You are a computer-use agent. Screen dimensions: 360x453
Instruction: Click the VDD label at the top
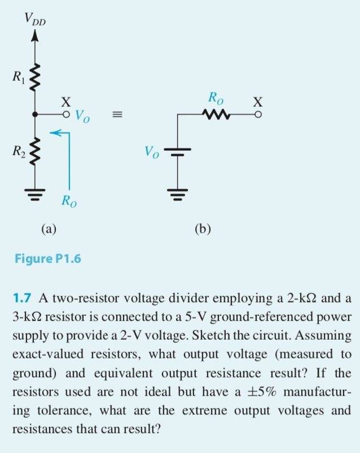tap(35, 19)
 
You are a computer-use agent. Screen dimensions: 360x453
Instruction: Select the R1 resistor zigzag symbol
tap(35, 77)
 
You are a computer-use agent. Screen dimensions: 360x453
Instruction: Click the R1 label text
tap(19, 77)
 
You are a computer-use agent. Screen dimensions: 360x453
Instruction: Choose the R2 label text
tap(19, 151)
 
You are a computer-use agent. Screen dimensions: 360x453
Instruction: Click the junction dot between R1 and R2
tap(35, 115)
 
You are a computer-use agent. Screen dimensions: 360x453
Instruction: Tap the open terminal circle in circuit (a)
tap(66, 115)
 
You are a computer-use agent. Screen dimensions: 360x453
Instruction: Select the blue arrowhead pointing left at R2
tap(55, 133)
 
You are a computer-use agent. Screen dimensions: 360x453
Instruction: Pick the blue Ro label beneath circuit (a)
tap(69, 201)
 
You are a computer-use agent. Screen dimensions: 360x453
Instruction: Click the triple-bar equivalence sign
tap(117, 115)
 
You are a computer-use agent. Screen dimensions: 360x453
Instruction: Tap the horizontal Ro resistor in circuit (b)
tap(216, 115)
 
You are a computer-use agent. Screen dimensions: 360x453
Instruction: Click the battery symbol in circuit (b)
tap(177, 152)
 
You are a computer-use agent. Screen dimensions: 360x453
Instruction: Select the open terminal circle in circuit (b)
tap(258, 115)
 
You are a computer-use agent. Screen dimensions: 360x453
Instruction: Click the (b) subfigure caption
tap(203, 229)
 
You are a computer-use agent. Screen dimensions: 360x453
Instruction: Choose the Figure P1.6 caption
tap(48, 258)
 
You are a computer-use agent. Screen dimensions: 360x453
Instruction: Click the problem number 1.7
tap(22, 298)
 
